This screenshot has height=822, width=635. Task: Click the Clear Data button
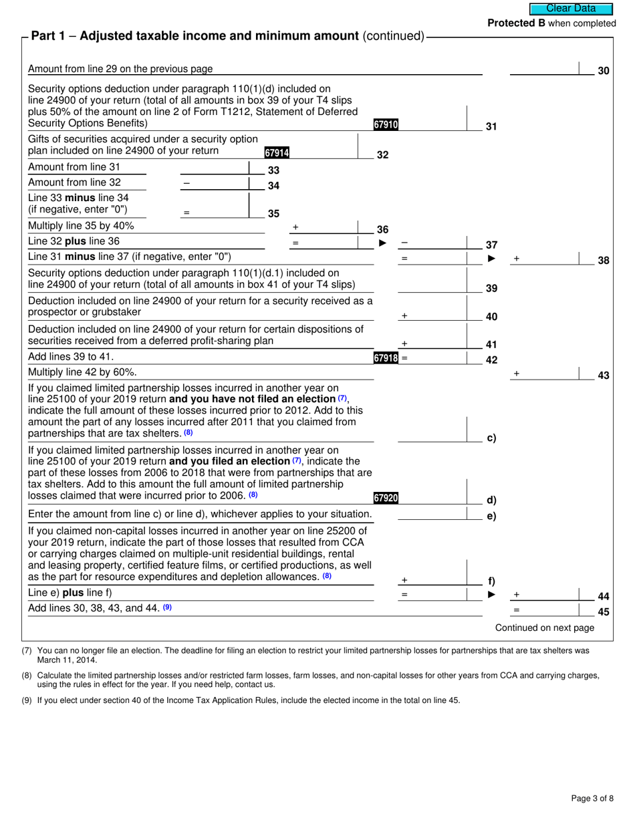tap(571, 9)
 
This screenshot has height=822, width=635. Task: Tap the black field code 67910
tap(386, 124)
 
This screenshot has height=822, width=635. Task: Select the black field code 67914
tap(276, 153)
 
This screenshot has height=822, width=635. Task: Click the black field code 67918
tap(386, 358)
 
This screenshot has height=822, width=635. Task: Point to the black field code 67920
tap(386, 498)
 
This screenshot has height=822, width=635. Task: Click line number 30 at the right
tap(603, 70)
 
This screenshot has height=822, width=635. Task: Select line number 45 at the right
tap(603, 611)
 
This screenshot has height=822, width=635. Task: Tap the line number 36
tap(382, 230)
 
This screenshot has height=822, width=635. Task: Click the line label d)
tap(491, 500)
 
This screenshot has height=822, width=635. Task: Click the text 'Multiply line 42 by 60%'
tap(82, 372)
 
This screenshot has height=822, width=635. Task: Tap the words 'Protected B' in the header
tap(516, 23)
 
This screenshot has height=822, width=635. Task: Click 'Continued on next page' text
tap(544, 628)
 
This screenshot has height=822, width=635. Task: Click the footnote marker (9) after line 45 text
tap(167, 607)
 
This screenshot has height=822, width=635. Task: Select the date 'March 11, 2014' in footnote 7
tap(62, 660)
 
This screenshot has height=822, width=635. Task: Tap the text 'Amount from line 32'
tap(74, 182)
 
